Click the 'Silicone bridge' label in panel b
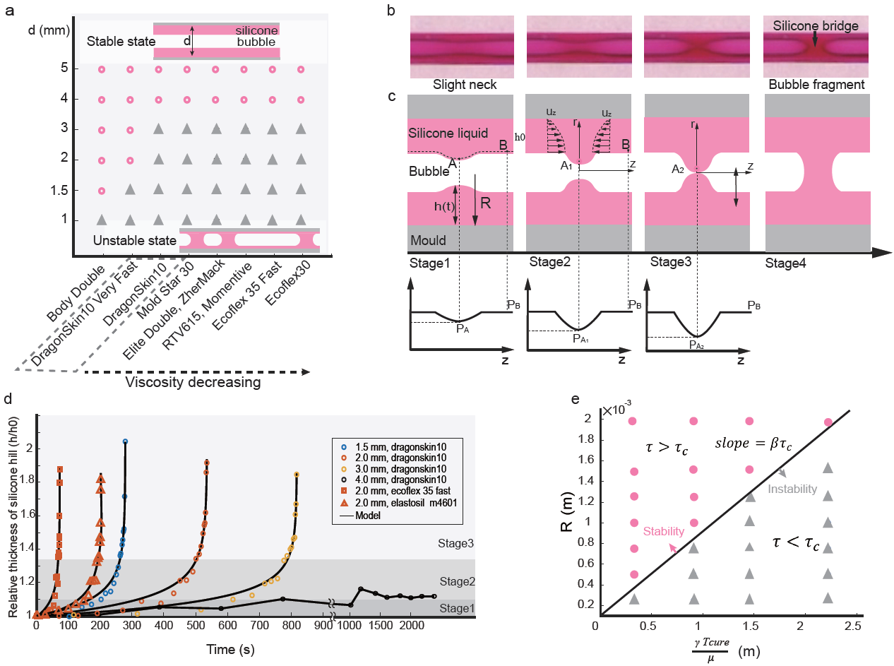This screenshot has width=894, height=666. click(816, 26)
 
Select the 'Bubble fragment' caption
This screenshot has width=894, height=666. click(816, 85)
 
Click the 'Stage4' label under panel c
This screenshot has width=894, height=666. click(786, 263)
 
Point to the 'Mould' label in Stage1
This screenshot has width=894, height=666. click(428, 240)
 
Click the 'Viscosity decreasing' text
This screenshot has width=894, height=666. click(193, 382)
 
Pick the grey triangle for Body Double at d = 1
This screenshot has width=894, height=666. click(101, 219)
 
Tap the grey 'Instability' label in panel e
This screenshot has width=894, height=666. click(792, 489)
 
